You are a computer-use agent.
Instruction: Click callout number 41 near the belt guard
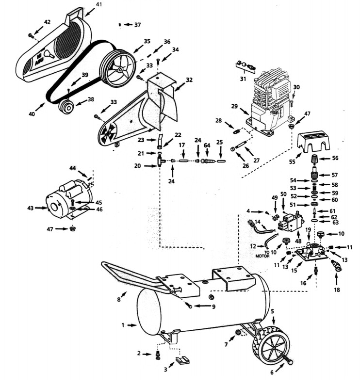point(99,4)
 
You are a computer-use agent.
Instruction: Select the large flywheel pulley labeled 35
point(118,68)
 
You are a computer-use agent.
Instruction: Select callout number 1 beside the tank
point(123,325)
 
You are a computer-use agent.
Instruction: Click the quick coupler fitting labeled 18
point(335,266)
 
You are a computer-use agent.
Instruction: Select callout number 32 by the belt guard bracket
point(189,80)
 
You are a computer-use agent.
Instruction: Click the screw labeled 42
point(31,35)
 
